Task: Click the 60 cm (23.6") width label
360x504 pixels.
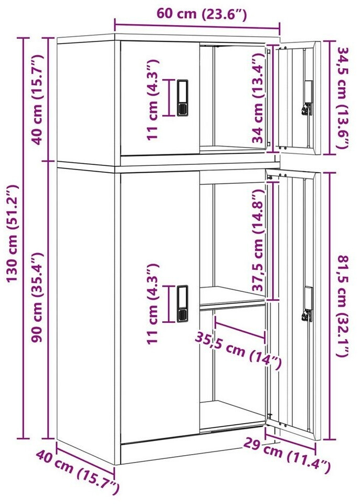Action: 202,14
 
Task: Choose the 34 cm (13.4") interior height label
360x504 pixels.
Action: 258,98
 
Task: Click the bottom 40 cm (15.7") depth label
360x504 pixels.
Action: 78,471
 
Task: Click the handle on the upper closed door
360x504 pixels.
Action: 183,98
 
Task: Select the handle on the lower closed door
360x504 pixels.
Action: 183,303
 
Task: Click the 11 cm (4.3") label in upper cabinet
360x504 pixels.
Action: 153,99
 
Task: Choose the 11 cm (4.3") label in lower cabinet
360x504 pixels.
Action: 153,304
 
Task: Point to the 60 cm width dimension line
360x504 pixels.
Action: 197,27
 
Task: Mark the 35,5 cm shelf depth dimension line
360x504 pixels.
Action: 240,328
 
